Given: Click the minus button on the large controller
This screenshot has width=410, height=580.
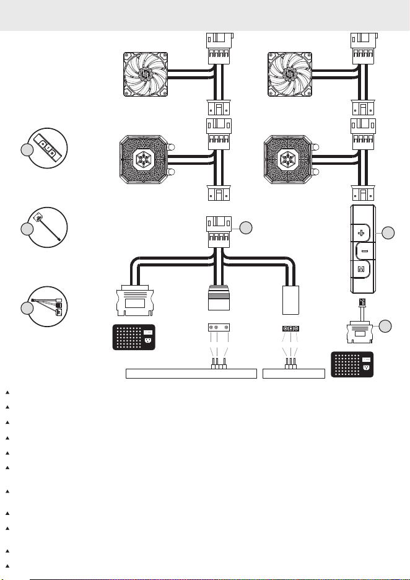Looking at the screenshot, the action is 364,251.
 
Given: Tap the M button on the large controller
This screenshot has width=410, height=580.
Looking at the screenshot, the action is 361,270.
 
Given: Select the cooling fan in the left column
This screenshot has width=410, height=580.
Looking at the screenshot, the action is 146,74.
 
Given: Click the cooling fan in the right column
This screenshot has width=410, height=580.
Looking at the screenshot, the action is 290,74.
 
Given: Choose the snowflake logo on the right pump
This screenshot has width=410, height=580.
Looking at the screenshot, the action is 287,159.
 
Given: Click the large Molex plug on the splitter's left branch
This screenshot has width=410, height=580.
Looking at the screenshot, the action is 134,301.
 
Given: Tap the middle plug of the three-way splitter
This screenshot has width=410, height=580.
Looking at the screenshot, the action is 219,298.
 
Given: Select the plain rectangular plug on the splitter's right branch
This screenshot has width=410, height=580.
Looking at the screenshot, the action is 290,300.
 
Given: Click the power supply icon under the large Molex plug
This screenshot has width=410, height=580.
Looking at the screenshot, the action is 134,337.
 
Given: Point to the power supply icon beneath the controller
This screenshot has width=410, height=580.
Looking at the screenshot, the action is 352,365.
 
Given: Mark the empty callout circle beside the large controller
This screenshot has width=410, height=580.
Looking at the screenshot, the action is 388,232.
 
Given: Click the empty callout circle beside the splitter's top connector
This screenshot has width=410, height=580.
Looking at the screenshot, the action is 246,228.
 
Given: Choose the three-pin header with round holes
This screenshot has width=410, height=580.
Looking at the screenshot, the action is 219,328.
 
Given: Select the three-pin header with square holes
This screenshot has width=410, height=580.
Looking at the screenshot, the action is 290,328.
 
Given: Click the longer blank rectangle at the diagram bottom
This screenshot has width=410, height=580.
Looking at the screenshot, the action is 191,374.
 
